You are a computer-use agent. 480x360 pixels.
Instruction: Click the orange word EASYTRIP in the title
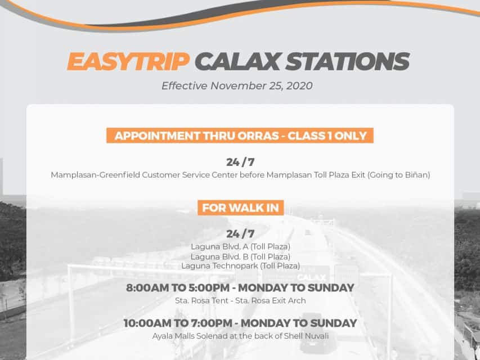pyautogui.click(x=128, y=61)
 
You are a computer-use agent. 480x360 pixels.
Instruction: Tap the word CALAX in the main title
pyautogui.click(x=237, y=61)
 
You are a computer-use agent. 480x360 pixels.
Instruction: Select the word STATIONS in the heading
pyautogui.click(x=347, y=61)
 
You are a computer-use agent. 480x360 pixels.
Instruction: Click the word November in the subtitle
pyautogui.click(x=239, y=85)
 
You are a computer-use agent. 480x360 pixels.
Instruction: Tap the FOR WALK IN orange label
pyautogui.click(x=241, y=208)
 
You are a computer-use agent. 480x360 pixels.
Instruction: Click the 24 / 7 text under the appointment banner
pyautogui.click(x=240, y=162)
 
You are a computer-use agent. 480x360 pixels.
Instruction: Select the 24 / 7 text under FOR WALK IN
pyautogui.click(x=240, y=234)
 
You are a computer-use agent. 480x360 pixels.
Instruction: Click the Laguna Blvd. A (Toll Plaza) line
pyautogui.click(x=240, y=246)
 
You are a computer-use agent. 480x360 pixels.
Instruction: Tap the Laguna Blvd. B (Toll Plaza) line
pyautogui.click(x=240, y=256)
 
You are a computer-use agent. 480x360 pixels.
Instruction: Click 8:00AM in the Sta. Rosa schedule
pyautogui.click(x=143, y=288)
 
